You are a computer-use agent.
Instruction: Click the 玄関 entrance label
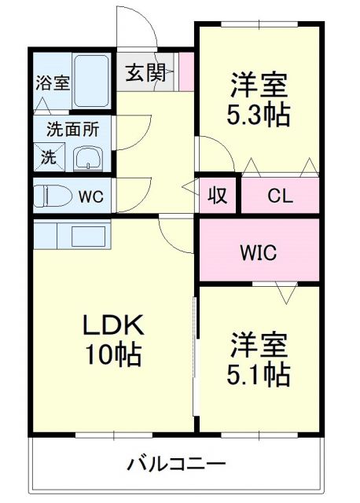(x=145, y=74)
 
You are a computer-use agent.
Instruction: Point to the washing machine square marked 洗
(x=49, y=156)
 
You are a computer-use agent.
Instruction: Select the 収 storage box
(x=217, y=195)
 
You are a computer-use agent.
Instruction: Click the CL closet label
(x=279, y=195)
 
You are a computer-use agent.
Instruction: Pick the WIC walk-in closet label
(x=258, y=253)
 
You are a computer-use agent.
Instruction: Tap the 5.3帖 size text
(x=259, y=115)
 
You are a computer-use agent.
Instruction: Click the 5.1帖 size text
(x=259, y=373)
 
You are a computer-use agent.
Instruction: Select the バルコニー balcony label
(x=177, y=464)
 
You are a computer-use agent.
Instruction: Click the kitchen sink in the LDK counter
(x=83, y=234)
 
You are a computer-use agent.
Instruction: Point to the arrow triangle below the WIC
(x=285, y=295)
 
